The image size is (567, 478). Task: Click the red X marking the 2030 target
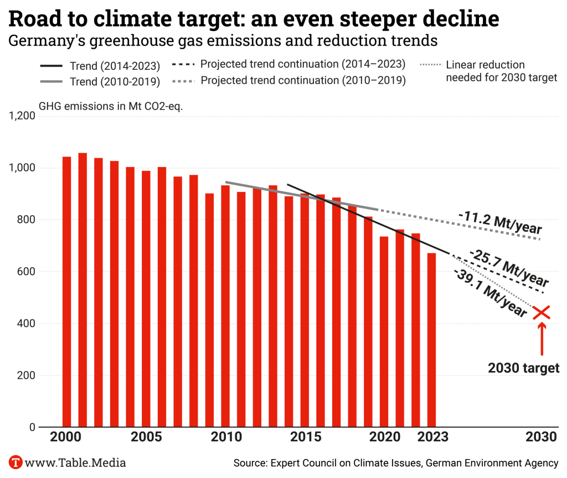tap(542, 312)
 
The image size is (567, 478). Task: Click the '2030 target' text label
tap(523, 368)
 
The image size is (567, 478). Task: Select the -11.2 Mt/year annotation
tap(500, 223)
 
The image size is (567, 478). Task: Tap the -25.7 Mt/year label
tap(509, 267)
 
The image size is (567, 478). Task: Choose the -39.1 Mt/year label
tap(490, 293)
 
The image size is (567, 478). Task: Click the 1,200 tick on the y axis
tap(22, 116)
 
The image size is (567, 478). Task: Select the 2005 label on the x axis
tap(146, 437)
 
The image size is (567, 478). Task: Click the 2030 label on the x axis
tap(541, 437)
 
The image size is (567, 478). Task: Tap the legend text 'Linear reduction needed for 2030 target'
tap(501, 72)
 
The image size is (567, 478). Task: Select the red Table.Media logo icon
tap(16, 462)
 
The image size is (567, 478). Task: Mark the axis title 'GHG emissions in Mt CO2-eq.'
tap(111, 106)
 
